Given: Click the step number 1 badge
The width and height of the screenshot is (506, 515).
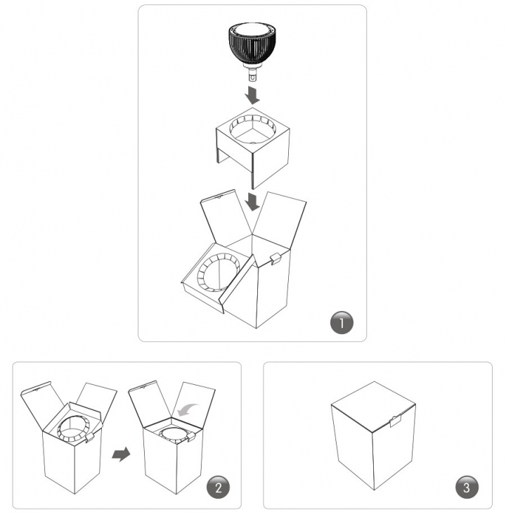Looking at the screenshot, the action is [x=342, y=322].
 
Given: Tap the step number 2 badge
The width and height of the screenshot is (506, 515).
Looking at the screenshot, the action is [x=219, y=487].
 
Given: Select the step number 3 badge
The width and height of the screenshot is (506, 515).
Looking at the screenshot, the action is [x=467, y=487].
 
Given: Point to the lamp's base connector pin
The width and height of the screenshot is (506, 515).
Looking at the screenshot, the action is [x=252, y=75].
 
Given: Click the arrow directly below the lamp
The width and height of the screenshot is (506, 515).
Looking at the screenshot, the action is [x=252, y=95].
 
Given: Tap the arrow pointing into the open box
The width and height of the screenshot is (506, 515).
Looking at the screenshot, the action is [x=253, y=201].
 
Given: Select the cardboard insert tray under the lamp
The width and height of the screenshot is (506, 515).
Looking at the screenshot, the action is [x=253, y=148].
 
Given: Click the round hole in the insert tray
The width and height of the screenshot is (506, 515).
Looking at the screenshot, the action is [x=253, y=129].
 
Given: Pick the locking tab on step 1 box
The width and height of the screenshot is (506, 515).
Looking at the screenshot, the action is [x=275, y=258].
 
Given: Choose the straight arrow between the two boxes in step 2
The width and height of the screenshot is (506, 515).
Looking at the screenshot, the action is [x=121, y=454].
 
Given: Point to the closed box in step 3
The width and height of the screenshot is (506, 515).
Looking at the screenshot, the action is [x=373, y=435].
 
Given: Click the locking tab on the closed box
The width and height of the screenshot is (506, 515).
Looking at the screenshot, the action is [x=396, y=421].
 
